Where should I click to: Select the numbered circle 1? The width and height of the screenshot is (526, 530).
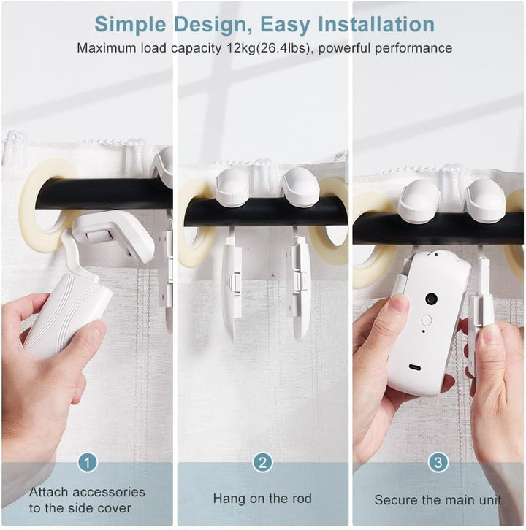88,462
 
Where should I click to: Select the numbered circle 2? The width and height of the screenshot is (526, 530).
263,462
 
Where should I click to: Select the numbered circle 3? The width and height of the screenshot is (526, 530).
438,462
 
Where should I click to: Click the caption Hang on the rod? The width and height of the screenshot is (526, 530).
262,499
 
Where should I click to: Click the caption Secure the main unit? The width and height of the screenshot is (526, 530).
438,500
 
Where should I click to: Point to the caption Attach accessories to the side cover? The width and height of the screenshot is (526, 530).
87,499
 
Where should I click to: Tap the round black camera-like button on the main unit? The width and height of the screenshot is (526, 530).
431,299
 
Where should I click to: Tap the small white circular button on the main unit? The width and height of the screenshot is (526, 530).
426,320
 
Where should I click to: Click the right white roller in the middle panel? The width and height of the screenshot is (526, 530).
300,188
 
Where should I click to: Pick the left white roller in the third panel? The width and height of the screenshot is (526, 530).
419,200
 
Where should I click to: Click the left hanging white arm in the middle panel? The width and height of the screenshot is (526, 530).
232,288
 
